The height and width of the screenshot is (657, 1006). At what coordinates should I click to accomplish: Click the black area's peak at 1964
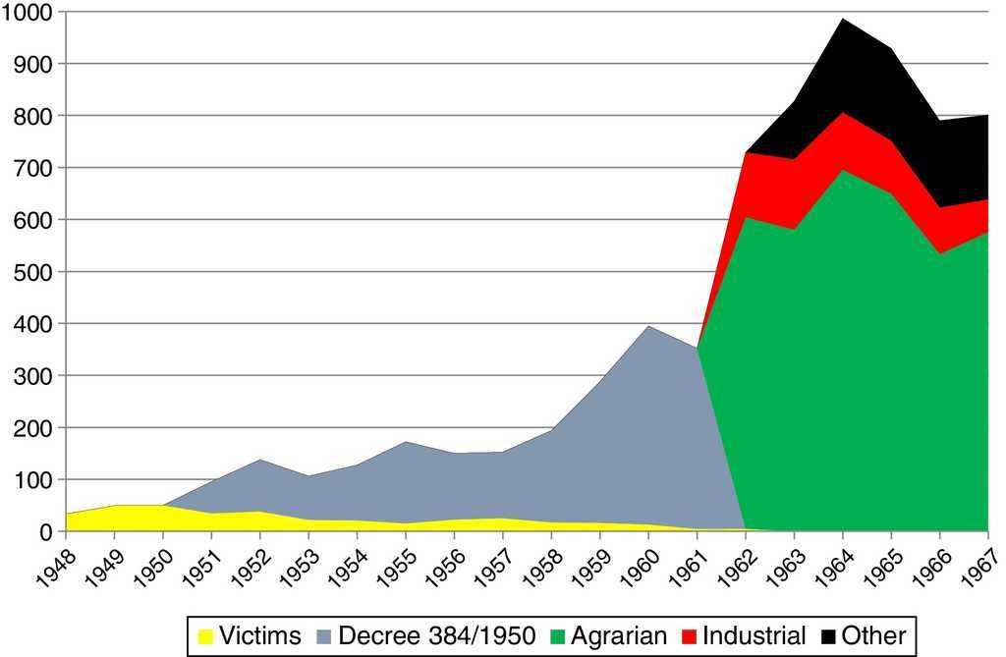pos(843,19)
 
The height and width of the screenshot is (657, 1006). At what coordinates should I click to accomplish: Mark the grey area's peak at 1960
pos(648,326)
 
